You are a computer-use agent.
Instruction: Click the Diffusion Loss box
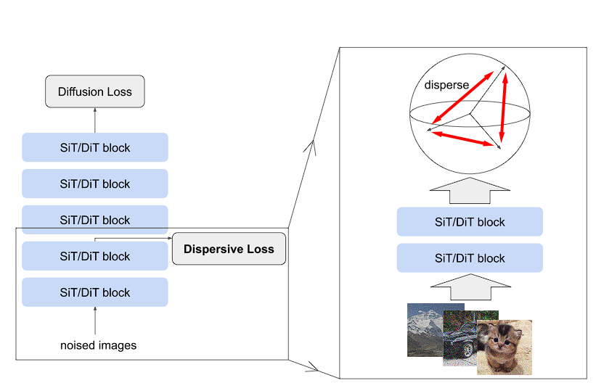pyautogui.click(x=94, y=92)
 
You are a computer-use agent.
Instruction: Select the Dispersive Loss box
pyautogui.click(x=229, y=250)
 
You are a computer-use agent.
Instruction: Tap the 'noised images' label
pyautogui.click(x=98, y=345)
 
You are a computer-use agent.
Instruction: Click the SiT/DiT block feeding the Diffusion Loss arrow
pyautogui.click(x=95, y=147)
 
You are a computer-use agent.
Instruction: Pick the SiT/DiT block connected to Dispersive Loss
pyautogui.click(x=95, y=256)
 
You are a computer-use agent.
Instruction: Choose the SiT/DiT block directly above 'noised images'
pyautogui.click(x=95, y=292)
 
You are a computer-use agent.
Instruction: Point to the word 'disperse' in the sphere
pyautogui.click(x=446, y=85)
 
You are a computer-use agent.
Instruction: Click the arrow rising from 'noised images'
pyautogui.click(x=95, y=321)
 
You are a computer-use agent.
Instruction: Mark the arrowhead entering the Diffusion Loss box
pyautogui.click(x=95, y=111)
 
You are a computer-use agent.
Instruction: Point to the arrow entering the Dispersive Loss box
pyautogui.click(x=167, y=237)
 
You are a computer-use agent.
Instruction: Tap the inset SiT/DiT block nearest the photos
pyautogui.click(x=470, y=258)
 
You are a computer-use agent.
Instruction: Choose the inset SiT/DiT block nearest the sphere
pyautogui.click(x=470, y=222)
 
